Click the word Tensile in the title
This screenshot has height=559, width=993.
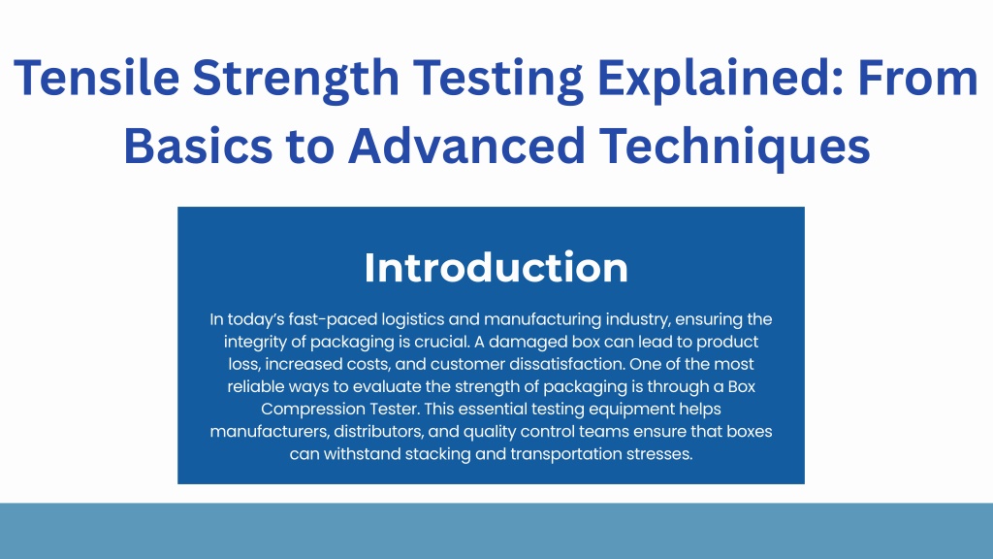(x=97, y=78)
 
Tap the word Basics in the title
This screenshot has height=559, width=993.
(x=198, y=146)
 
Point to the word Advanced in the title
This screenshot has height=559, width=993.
(x=466, y=146)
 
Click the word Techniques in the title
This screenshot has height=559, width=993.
(x=735, y=148)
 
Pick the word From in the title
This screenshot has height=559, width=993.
(x=918, y=78)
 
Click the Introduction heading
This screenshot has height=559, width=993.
(x=496, y=268)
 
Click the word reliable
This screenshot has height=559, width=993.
(x=256, y=386)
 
